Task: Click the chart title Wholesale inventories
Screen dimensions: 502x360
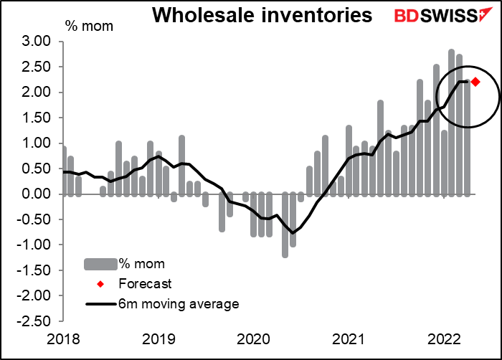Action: pyautogui.click(x=262, y=15)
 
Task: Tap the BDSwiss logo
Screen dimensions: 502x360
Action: pyautogui.click(x=443, y=15)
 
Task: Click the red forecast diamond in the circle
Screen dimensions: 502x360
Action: pyautogui.click(x=475, y=82)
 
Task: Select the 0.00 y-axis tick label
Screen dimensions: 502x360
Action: pyautogui.click(x=36, y=194)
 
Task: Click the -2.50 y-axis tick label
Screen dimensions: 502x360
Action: pyautogui.click(x=34, y=321)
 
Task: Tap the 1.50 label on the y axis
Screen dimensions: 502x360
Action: pyautogui.click(x=36, y=118)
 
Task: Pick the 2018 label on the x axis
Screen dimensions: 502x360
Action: pyautogui.click(x=63, y=339)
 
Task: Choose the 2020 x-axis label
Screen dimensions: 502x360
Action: pyautogui.click(x=254, y=339)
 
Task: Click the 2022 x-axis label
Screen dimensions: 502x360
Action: pyautogui.click(x=444, y=339)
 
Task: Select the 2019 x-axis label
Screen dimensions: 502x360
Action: pyautogui.click(x=158, y=339)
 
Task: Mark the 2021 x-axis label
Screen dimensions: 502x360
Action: pyautogui.click(x=349, y=339)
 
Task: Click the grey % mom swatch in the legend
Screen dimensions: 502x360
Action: pyautogui.click(x=100, y=264)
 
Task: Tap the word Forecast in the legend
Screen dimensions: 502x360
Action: pyautogui.click(x=145, y=284)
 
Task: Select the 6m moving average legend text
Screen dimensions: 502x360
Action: pyautogui.click(x=179, y=303)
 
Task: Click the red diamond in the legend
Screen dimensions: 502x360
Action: pyautogui.click(x=100, y=284)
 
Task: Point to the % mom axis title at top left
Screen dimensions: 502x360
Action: pyautogui.click(x=89, y=26)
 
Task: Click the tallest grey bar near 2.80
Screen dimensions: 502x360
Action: pyautogui.click(x=452, y=123)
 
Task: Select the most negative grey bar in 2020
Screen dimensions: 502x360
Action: pyautogui.click(x=285, y=225)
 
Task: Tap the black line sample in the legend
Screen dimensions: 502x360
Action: pyautogui.click(x=100, y=304)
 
